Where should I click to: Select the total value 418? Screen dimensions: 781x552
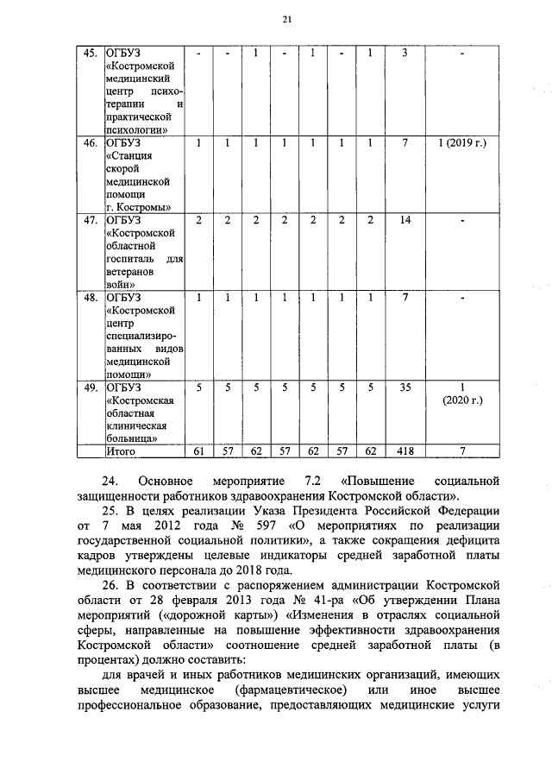(x=405, y=450)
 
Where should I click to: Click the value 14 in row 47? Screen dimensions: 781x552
(x=405, y=220)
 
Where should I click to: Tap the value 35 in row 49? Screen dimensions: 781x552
(x=405, y=387)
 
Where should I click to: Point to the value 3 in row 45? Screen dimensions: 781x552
(x=405, y=54)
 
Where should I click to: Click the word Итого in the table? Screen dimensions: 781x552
(x=122, y=450)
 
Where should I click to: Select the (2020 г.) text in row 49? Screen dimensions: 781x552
(x=462, y=400)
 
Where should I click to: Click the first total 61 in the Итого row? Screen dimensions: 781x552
(x=198, y=450)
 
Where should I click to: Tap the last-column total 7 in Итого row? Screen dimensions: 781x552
(x=462, y=450)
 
